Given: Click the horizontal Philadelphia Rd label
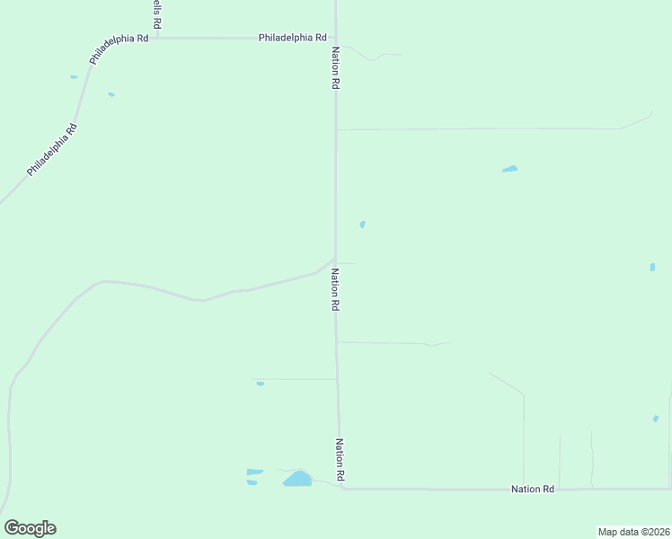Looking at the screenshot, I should pyautogui.click(x=292, y=38).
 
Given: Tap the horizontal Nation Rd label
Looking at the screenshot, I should pyautogui.click(x=533, y=489).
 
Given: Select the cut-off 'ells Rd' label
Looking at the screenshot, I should pyautogui.click(x=156, y=13).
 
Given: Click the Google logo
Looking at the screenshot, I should pyautogui.click(x=30, y=528).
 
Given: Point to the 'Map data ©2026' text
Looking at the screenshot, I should pyautogui.click(x=634, y=531).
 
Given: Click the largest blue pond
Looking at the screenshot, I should pyautogui.click(x=297, y=479).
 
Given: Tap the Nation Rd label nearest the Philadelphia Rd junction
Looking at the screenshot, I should pyautogui.click(x=336, y=67).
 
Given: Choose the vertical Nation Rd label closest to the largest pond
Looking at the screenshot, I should pyautogui.click(x=340, y=459).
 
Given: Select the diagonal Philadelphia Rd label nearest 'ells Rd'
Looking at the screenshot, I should pyautogui.click(x=119, y=49).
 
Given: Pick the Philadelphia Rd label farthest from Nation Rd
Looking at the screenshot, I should pyautogui.click(x=52, y=149).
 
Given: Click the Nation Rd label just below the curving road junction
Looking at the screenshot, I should pyautogui.click(x=335, y=289).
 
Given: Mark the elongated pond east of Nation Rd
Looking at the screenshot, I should pyautogui.click(x=509, y=169).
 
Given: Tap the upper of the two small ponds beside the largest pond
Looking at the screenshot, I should pyautogui.click(x=255, y=472).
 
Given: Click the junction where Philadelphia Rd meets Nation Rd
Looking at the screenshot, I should pyautogui.click(x=335, y=39).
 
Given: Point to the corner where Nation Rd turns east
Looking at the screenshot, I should pyautogui.click(x=341, y=488).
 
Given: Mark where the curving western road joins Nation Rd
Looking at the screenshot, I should pyautogui.click(x=335, y=261).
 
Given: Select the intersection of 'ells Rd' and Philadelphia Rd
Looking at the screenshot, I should pyautogui.click(x=157, y=39).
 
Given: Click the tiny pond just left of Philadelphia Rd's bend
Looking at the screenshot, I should pyautogui.click(x=74, y=77).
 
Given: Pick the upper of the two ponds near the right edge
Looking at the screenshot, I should pyautogui.click(x=652, y=267).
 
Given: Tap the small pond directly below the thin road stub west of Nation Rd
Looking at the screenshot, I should pyautogui.click(x=260, y=384).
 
